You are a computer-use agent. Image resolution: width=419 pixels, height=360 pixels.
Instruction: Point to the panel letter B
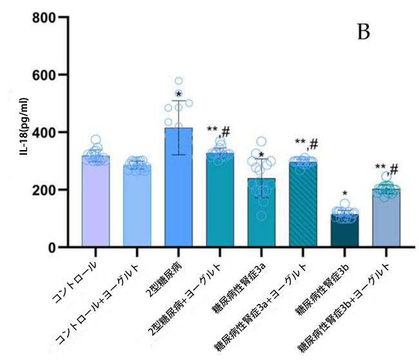(364, 32)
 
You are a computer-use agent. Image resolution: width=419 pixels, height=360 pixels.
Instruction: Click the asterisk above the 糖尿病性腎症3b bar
(346, 193)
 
